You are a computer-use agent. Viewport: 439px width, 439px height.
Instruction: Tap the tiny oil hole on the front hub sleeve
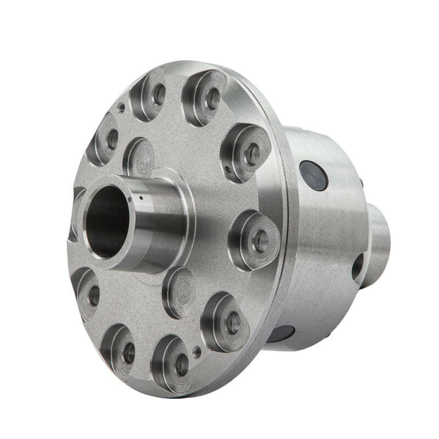(x=141, y=198)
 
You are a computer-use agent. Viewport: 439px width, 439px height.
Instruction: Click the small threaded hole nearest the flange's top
(x=121, y=108)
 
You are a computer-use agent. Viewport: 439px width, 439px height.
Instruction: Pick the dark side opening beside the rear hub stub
(x=357, y=267)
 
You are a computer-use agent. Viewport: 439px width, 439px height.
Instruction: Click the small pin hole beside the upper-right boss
(x=227, y=169)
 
